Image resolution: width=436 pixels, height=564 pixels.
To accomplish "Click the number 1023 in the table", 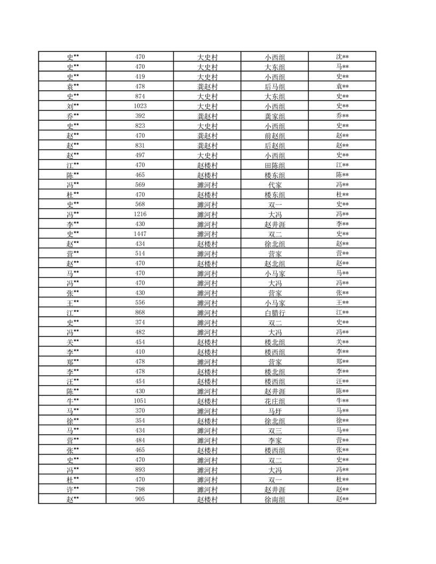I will pyautogui.click(x=140, y=106).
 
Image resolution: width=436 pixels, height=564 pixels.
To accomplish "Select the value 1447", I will pyautogui.click(x=140, y=234).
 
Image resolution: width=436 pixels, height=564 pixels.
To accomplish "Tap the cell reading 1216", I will pyautogui.click(x=140, y=214).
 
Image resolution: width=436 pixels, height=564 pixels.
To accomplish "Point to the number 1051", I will pyautogui.click(x=140, y=401).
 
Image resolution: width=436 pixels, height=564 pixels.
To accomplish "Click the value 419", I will pyautogui.click(x=140, y=76).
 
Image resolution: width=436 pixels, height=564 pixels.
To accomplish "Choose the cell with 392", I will pyautogui.click(x=140, y=116).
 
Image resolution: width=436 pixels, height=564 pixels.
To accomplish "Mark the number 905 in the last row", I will pyautogui.click(x=140, y=499).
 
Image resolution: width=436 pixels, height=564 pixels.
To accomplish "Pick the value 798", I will pyautogui.click(x=140, y=489).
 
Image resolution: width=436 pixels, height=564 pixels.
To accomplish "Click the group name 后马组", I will pyautogui.click(x=275, y=87).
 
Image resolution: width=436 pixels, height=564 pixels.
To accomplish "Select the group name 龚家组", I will pyautogui.click(x=275, y=116).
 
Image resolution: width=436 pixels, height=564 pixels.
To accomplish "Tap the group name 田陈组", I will pyautogui.click(x=275, y=165).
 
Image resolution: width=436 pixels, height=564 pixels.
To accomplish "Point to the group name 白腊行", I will pyautogui.click(x=275, y=312).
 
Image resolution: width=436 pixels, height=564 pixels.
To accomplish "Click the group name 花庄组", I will pyautogui.click(x=275, y=401).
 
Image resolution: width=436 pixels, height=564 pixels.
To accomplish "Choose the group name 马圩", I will pyautogui.click(x=275, y=411).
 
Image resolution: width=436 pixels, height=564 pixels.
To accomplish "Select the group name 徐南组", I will pyautogui.click(x=275, y=499).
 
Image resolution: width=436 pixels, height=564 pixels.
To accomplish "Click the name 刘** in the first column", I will pyautogui.click(x=73, y=106).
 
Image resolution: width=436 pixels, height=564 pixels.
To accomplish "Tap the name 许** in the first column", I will pyautogui.click(x=73, y=489).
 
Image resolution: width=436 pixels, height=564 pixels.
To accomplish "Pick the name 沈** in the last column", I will pyautogui.click(x=342, y=57).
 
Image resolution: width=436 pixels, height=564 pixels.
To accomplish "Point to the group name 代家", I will pyautogui.click(x=275, y=185).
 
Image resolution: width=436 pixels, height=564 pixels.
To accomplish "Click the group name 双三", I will pyautogui.click(x=275, y=430).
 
